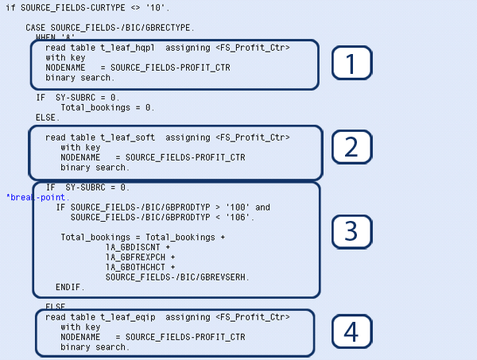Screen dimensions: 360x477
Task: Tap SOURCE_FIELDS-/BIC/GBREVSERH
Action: click(x=177, y=277)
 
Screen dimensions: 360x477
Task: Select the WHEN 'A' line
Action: click(x=52, y=37)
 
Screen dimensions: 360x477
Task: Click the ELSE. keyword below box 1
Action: click(x=48, y=117)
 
